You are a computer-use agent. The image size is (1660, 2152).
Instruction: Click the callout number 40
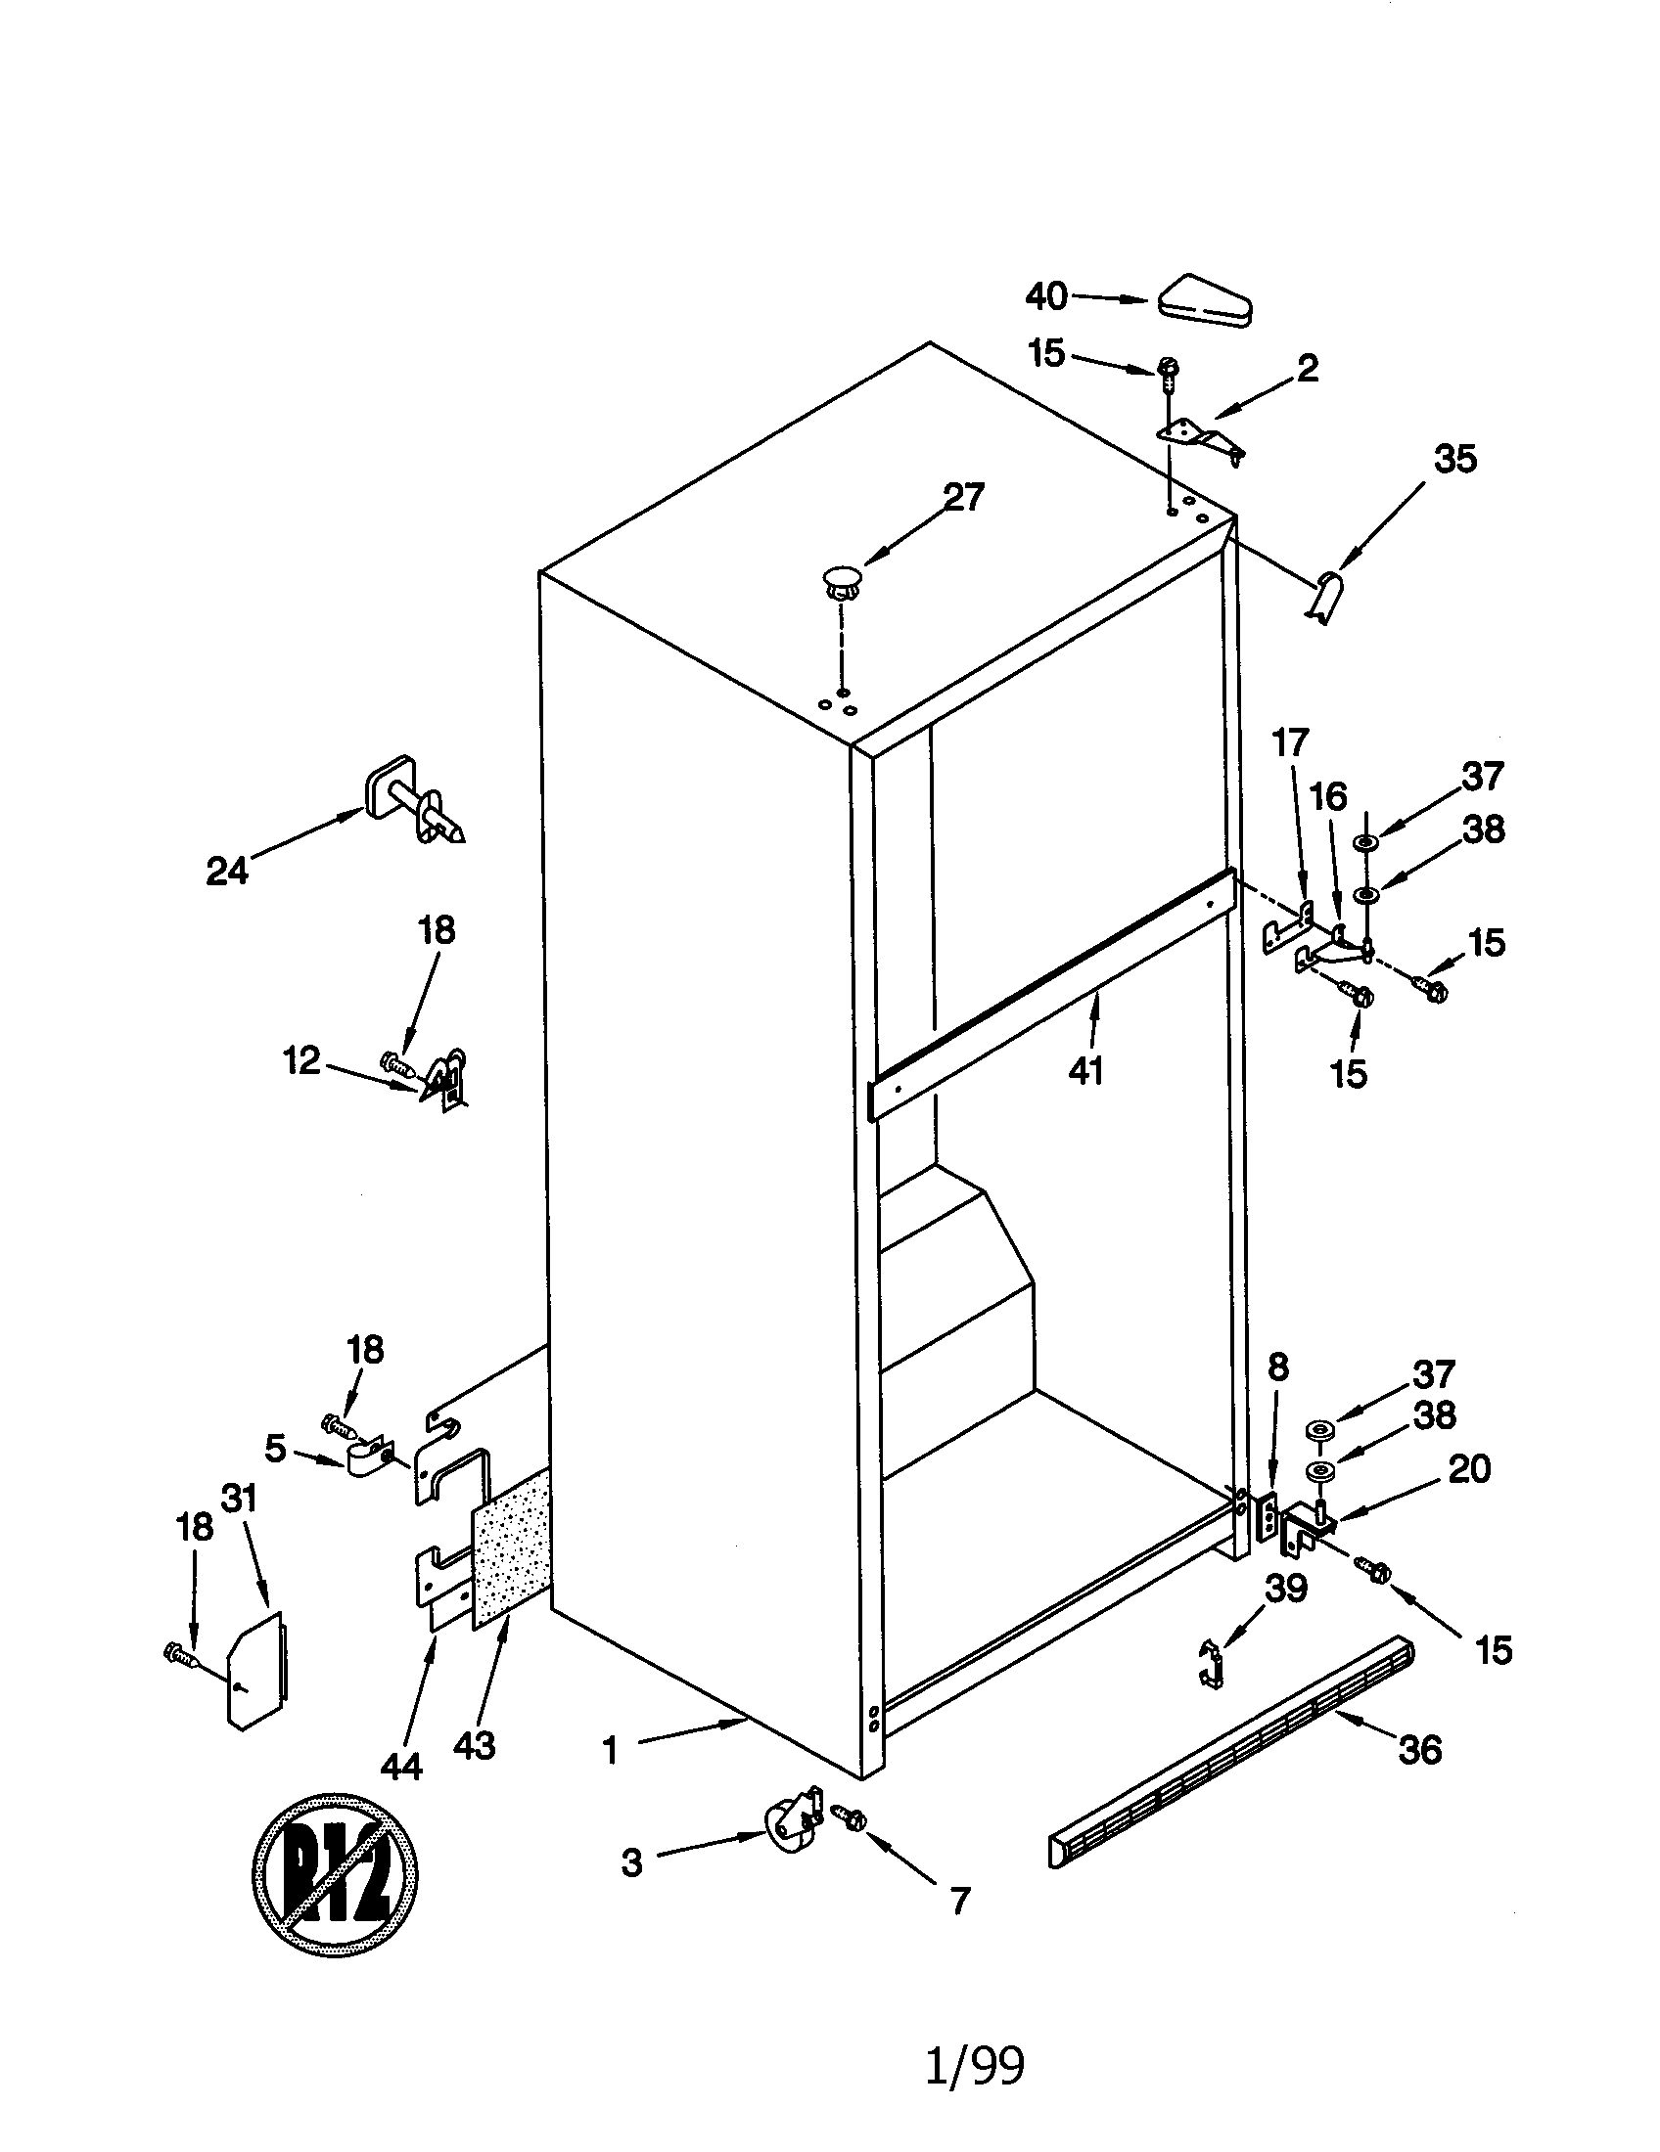(x=1046, y=295)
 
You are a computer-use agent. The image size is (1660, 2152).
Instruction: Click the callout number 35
(x=1455, y=459)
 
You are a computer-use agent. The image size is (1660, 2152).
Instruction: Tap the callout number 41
(x=1085, y=1070)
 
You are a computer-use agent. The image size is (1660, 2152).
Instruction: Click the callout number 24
(x=227, y=871)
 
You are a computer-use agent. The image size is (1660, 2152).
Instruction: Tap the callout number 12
(x=302, y=1060)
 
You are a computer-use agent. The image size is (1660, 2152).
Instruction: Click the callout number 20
(x=1469, y=1469)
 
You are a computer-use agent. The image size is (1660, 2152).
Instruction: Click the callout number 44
(x=401, y=1767)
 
